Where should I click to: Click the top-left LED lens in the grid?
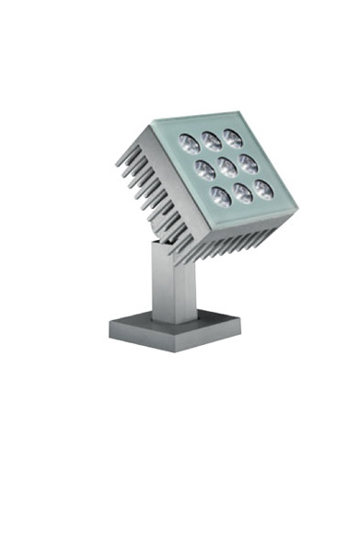[190, 143]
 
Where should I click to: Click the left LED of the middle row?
[205, 168]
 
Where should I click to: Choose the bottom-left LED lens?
[222, 194]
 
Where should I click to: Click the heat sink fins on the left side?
[138, 184]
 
